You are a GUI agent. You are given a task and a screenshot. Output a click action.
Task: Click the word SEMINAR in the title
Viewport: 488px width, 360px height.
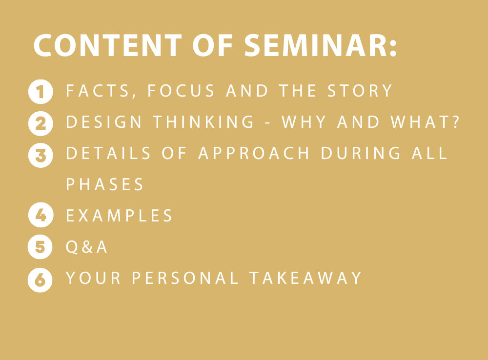click(x=315, y=45)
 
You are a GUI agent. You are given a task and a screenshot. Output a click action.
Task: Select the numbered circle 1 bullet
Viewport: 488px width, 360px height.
click(x=41, y=92)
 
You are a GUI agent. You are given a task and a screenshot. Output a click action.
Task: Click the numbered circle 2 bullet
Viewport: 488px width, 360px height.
click(x=41, y=123)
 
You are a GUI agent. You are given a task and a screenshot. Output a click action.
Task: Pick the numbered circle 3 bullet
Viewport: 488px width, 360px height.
click(x=41, y=155)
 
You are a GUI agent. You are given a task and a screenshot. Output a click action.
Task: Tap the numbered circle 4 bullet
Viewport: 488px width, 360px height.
click(x=41, y=215)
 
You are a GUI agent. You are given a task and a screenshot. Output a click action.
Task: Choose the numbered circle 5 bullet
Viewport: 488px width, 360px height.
click(x=40, y=247)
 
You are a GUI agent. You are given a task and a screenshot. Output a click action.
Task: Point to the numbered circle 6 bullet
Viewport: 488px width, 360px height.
click(x=40, y=280)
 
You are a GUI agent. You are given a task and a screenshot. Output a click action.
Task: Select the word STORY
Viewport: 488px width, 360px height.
click(x=360, y=91)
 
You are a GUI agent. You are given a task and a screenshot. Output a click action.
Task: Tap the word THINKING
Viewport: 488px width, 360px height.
click(x=203, y=121)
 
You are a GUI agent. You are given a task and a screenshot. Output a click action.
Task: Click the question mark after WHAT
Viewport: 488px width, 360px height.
click(x=456, y=121)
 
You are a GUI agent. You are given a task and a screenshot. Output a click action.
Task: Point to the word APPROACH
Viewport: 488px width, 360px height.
click(x=254, y=153)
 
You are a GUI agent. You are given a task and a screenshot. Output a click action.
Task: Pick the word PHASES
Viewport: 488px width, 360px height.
click(x=104, y=184)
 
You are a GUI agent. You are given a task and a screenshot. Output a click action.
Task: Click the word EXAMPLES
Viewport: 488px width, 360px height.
click(x=119, y=215)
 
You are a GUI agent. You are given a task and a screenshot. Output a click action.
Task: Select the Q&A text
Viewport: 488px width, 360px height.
click(x=86, y=247)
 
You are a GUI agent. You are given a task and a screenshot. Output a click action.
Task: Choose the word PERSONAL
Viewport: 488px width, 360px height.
click(x=185, y=278)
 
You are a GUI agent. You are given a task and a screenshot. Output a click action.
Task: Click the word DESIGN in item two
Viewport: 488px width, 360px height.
click(x=103, y=121)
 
